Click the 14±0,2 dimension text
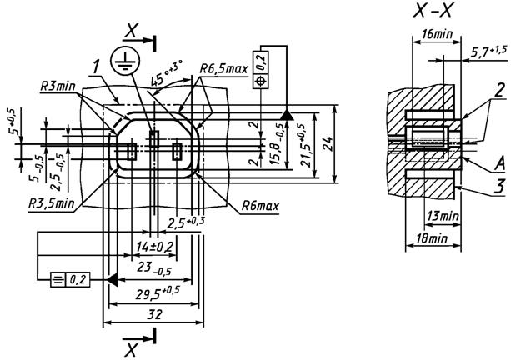154,246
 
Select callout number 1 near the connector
98,64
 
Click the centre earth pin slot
153,138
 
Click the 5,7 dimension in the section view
486,52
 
